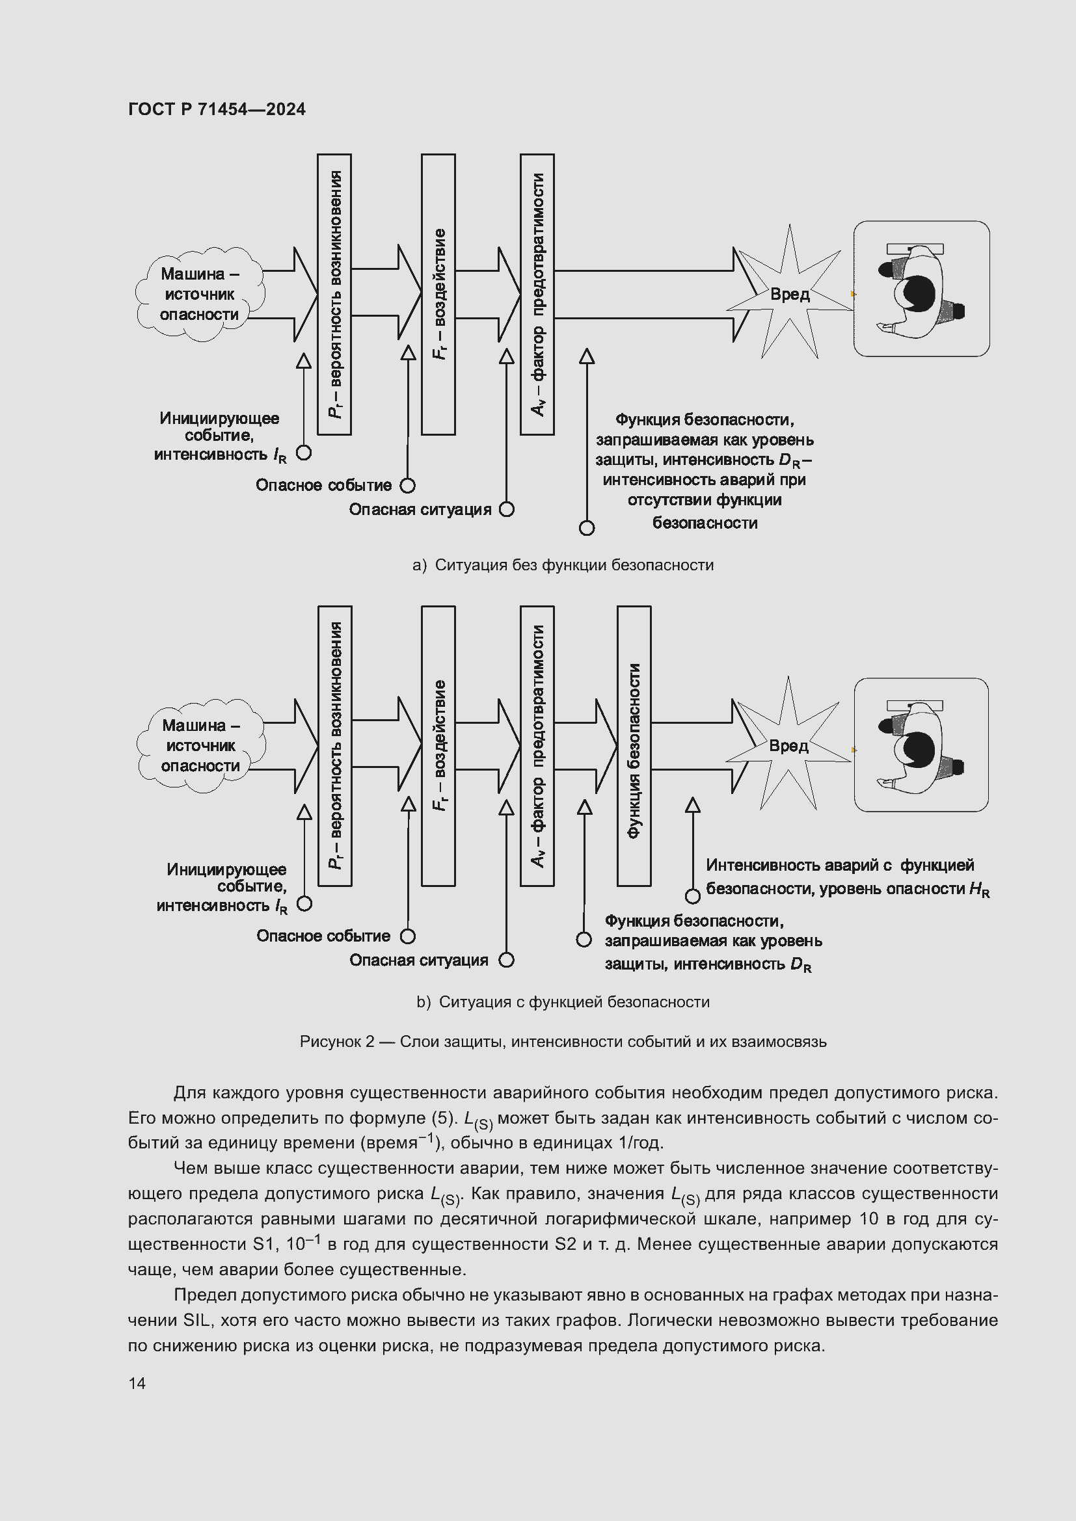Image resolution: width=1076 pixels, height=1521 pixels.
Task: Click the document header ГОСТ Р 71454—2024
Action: [217, 109]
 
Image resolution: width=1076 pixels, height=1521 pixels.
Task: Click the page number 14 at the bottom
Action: [137, 1383]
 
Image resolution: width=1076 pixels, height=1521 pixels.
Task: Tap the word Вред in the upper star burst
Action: [789, 294]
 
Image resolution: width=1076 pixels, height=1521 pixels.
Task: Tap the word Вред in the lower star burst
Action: [788, 746]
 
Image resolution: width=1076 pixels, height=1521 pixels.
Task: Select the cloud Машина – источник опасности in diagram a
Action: [200, 294]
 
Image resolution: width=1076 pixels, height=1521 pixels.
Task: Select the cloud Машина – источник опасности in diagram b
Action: [201, 746]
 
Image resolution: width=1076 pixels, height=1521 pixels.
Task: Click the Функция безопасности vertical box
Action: [634, 746]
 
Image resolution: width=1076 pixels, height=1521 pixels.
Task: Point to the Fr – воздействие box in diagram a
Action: [438, 294]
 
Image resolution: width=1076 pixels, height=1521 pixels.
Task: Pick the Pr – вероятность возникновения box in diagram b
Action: [334, 746]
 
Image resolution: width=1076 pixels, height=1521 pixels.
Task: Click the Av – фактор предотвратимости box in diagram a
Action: [537, 294]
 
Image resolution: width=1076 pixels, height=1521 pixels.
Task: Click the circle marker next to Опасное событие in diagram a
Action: [407, 486]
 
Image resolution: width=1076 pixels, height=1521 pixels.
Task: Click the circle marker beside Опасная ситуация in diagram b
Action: [506, 960]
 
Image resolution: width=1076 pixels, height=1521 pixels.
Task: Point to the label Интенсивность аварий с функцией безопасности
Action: [839, 876]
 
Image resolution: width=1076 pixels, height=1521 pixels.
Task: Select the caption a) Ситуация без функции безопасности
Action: [563, 565]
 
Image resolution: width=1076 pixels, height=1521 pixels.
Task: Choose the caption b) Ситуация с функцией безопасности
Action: [563, 1002]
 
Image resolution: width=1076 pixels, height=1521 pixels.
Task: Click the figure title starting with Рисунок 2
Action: [563, 1042]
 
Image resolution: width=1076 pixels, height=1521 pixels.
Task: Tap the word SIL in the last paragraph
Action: [196, 1319]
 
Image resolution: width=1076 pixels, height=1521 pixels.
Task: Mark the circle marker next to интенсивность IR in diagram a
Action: [303, 453]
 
